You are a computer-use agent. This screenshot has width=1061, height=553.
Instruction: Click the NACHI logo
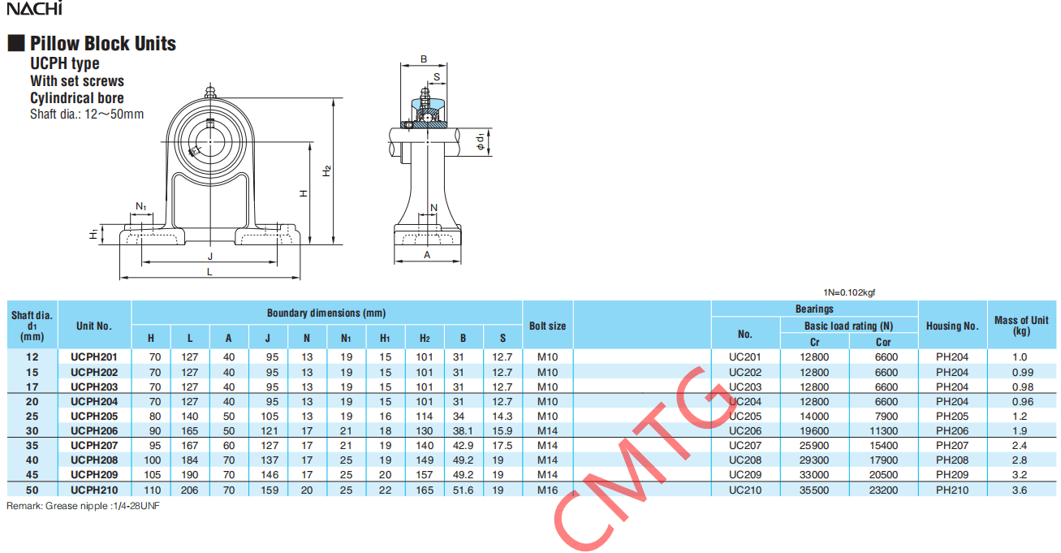coord(34,8)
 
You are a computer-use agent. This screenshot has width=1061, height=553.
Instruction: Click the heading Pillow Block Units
coord(103,43)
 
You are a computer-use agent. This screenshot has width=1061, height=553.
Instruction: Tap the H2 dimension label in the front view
coord(326,171)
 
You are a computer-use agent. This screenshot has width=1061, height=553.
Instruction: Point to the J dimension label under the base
coord(210,257)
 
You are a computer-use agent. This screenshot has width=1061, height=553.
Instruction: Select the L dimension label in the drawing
coord(209,272)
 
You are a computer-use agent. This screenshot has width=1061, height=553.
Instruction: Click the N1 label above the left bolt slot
coord(141,206)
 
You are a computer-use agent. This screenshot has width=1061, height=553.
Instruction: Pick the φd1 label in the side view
coord(481,141)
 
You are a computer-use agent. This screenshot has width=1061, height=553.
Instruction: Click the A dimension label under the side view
coord(427,255)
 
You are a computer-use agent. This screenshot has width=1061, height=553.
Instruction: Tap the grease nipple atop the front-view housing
coord(209,90)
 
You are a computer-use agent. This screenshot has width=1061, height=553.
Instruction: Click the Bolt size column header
coord(547,326)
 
